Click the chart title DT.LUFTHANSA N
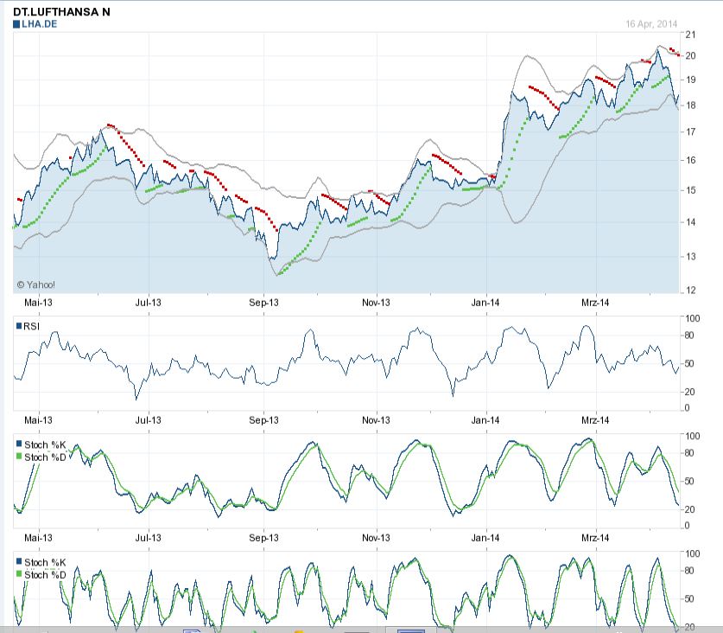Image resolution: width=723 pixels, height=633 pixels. point(61,12)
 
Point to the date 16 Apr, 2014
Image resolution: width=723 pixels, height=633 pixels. point(652,23)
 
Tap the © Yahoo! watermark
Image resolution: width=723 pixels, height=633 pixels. point(35,284)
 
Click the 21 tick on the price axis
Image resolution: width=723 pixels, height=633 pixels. point(689,35)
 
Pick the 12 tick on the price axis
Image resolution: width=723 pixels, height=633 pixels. point(689,291)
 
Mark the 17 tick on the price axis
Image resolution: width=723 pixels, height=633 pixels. point(689,132)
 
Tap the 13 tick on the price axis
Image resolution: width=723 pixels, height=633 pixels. point(689,257)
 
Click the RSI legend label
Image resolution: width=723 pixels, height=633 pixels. point(31,326)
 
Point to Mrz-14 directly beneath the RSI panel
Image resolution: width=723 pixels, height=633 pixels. point(595,419)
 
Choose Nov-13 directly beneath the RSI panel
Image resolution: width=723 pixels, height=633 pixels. point(376,419)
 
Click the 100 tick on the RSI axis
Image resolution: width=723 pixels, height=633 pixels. point(691,318)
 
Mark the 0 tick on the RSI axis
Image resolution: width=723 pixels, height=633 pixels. point(688,407)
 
